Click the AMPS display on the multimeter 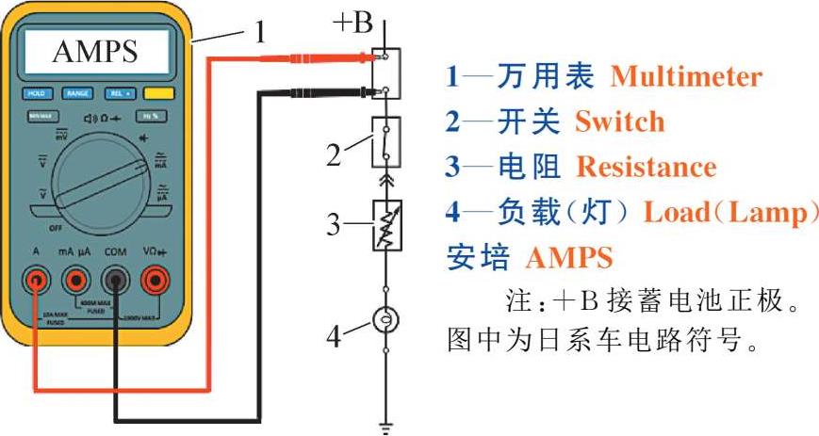click(x=94, y=53)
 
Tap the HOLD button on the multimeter click(x=36, y=94)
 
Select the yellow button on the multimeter click(x=158, y=94)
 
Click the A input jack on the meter click(x=36, y=280)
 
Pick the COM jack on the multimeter click(x=115, y=280)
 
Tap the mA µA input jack click(x=75, y=280)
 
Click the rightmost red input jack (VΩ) click(x=155, y=280)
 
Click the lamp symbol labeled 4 click(x=384, y=321)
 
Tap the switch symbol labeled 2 click(x=385, y=140)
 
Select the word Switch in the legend click(x=619, y=121)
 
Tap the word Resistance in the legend click(x=646, y=167)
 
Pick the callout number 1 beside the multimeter click(x=262, y=34)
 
